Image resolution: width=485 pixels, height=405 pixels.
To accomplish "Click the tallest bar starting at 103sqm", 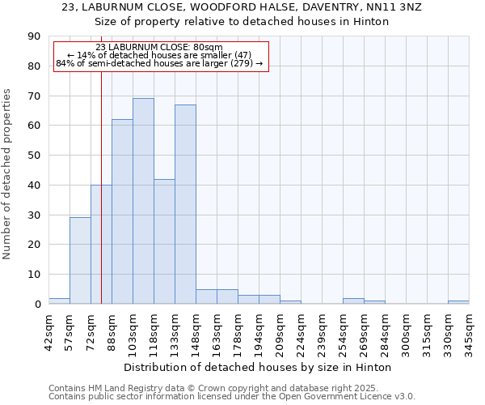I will click(143, 201).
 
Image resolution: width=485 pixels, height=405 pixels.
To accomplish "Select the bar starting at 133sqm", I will click(185, 204).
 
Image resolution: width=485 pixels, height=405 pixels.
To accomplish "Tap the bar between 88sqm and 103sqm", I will click(122, 211).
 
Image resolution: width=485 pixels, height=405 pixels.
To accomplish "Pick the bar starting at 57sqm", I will click(80, 261).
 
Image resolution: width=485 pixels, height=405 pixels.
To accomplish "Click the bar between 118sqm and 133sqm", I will click(164, 241).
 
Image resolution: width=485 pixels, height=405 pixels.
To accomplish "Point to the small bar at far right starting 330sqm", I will click(458, 302).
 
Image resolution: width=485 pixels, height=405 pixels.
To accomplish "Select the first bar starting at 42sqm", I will click(59, 301).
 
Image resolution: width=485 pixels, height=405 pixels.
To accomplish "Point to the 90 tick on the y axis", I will click(34, 36).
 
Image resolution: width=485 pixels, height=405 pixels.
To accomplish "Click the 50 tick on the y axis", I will click(34, 156).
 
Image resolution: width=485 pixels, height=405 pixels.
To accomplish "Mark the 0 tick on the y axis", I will click(37, 305).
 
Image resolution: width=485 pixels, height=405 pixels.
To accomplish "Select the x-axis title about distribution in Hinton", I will click(258, 367).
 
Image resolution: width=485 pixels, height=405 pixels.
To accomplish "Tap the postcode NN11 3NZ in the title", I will click(393, 6).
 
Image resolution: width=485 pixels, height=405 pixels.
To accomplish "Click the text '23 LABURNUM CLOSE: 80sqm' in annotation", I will click(159, 48).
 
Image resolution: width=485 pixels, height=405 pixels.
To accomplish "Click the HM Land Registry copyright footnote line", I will click(230, 388).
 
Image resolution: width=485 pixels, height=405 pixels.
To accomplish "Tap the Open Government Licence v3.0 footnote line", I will click(231, 397).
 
